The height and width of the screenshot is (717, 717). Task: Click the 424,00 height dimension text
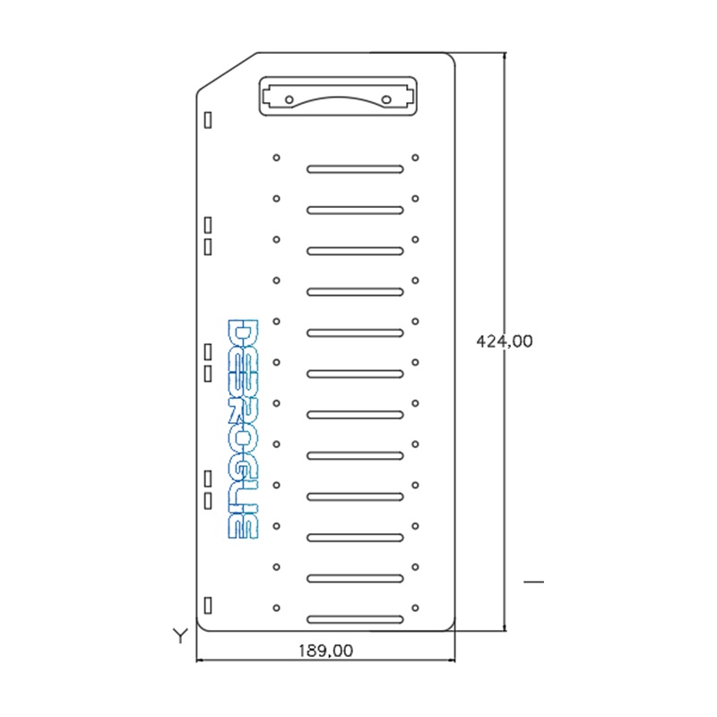[505, 341]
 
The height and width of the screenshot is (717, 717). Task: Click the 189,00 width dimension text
[325, 651]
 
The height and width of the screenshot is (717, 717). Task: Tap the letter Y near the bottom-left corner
[180, 636]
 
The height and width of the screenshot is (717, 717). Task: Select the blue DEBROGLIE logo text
[243, 428]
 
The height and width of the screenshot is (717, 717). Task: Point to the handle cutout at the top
[339, 96]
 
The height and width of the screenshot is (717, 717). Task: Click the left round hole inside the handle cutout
[290, 99]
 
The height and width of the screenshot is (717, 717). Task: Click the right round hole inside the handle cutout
[386, 99]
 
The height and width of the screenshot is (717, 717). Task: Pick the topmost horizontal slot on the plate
[355, 168]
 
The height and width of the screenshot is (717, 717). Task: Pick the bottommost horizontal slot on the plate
[355, 619]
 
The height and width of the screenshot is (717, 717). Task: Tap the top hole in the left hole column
[276, 158]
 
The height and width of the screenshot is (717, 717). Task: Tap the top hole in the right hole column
[415, 158]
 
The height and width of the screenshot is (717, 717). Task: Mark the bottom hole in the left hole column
[276, 607]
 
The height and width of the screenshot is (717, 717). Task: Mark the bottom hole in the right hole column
[415, 607]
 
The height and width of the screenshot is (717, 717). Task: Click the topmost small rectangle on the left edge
[208, 118]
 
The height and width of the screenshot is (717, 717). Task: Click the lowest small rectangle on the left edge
[208, 603]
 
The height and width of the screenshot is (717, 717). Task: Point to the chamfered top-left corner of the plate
[227, 72]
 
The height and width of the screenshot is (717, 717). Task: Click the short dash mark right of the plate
[533, 583]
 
